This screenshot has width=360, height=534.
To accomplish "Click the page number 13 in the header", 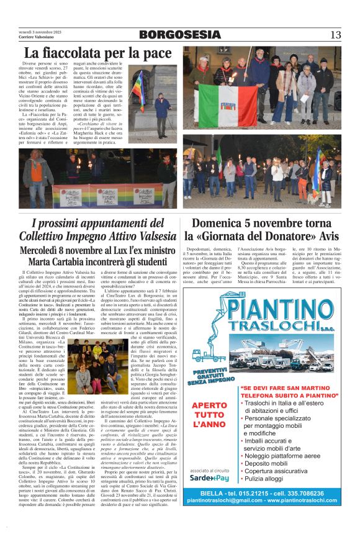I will (x=335, y=34).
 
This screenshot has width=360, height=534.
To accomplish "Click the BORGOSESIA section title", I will (x=179, y=35).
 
